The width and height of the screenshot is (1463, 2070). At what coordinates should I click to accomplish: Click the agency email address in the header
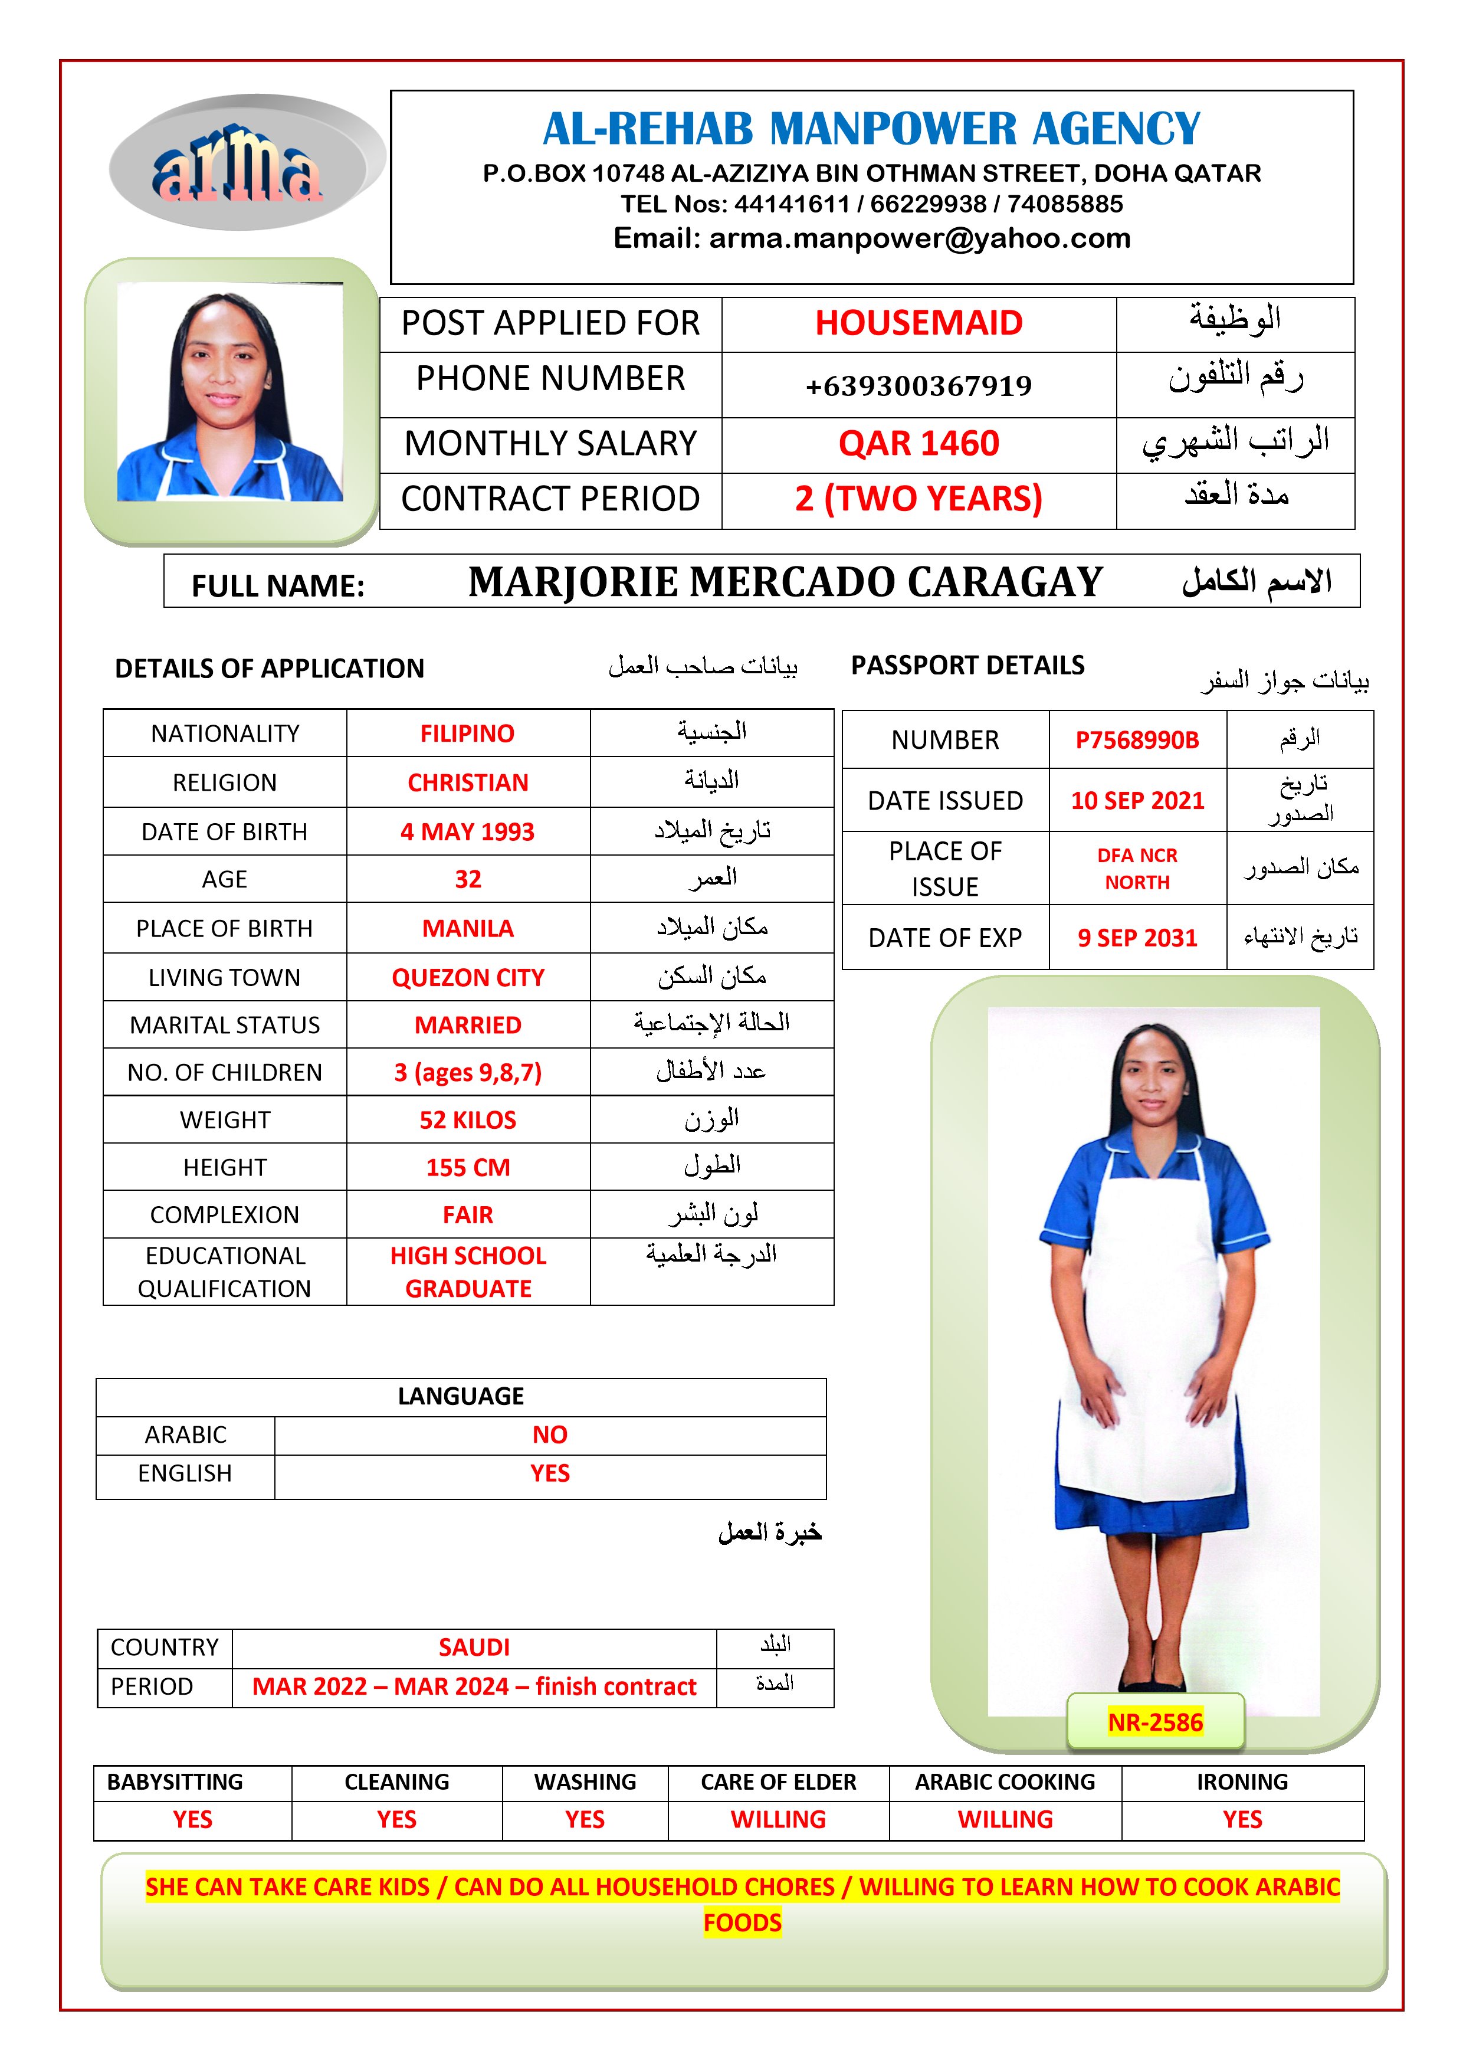pyautogui.click(x=872, y=238)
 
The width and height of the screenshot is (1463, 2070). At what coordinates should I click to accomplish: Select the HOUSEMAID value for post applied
pyautogui.click(x=918, y=323)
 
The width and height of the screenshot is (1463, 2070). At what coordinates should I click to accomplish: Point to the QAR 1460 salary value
pyautogui.click(x=918, y=444)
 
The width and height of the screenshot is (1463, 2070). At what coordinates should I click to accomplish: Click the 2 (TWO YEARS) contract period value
pyautogui.click(x=918, y=499)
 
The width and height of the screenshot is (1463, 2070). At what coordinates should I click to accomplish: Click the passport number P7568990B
pyautogui.click(x=1137, y=740)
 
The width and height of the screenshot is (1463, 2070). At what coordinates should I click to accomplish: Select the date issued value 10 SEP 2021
pyautogui.click(x=1137, y=801)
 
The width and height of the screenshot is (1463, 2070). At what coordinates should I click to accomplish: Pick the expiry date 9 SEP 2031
pyautogui.click(x=1137, y=938)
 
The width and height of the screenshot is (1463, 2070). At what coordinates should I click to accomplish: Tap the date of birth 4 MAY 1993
pyautogui.click(x=467, y=831)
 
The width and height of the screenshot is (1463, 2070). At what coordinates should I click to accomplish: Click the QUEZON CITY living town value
pyautogui.click(x=468, y=977)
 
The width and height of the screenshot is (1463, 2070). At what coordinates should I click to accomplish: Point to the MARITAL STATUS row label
pyautogui.click(x=224, y=1025)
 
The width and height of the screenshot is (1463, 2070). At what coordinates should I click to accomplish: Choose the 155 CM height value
pyautogui.click(x=468, y=1168)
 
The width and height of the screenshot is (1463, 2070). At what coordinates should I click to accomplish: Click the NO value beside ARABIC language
pyautogui.click(x=549, y=1434)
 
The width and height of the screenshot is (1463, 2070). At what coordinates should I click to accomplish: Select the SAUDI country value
pyautogui.click(x=474, y=1647)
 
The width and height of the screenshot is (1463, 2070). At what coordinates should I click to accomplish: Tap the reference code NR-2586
pyautogui.click(x=1154, y=1722)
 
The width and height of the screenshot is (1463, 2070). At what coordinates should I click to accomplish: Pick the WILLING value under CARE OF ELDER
pyautogui.click(x=778, y=1819)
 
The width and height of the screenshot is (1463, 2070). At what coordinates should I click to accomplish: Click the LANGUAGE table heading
pyautogui.click(x=461, y=1396)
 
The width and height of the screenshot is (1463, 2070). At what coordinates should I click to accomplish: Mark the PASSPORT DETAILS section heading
pyautogui.click(x=967, y=666)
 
